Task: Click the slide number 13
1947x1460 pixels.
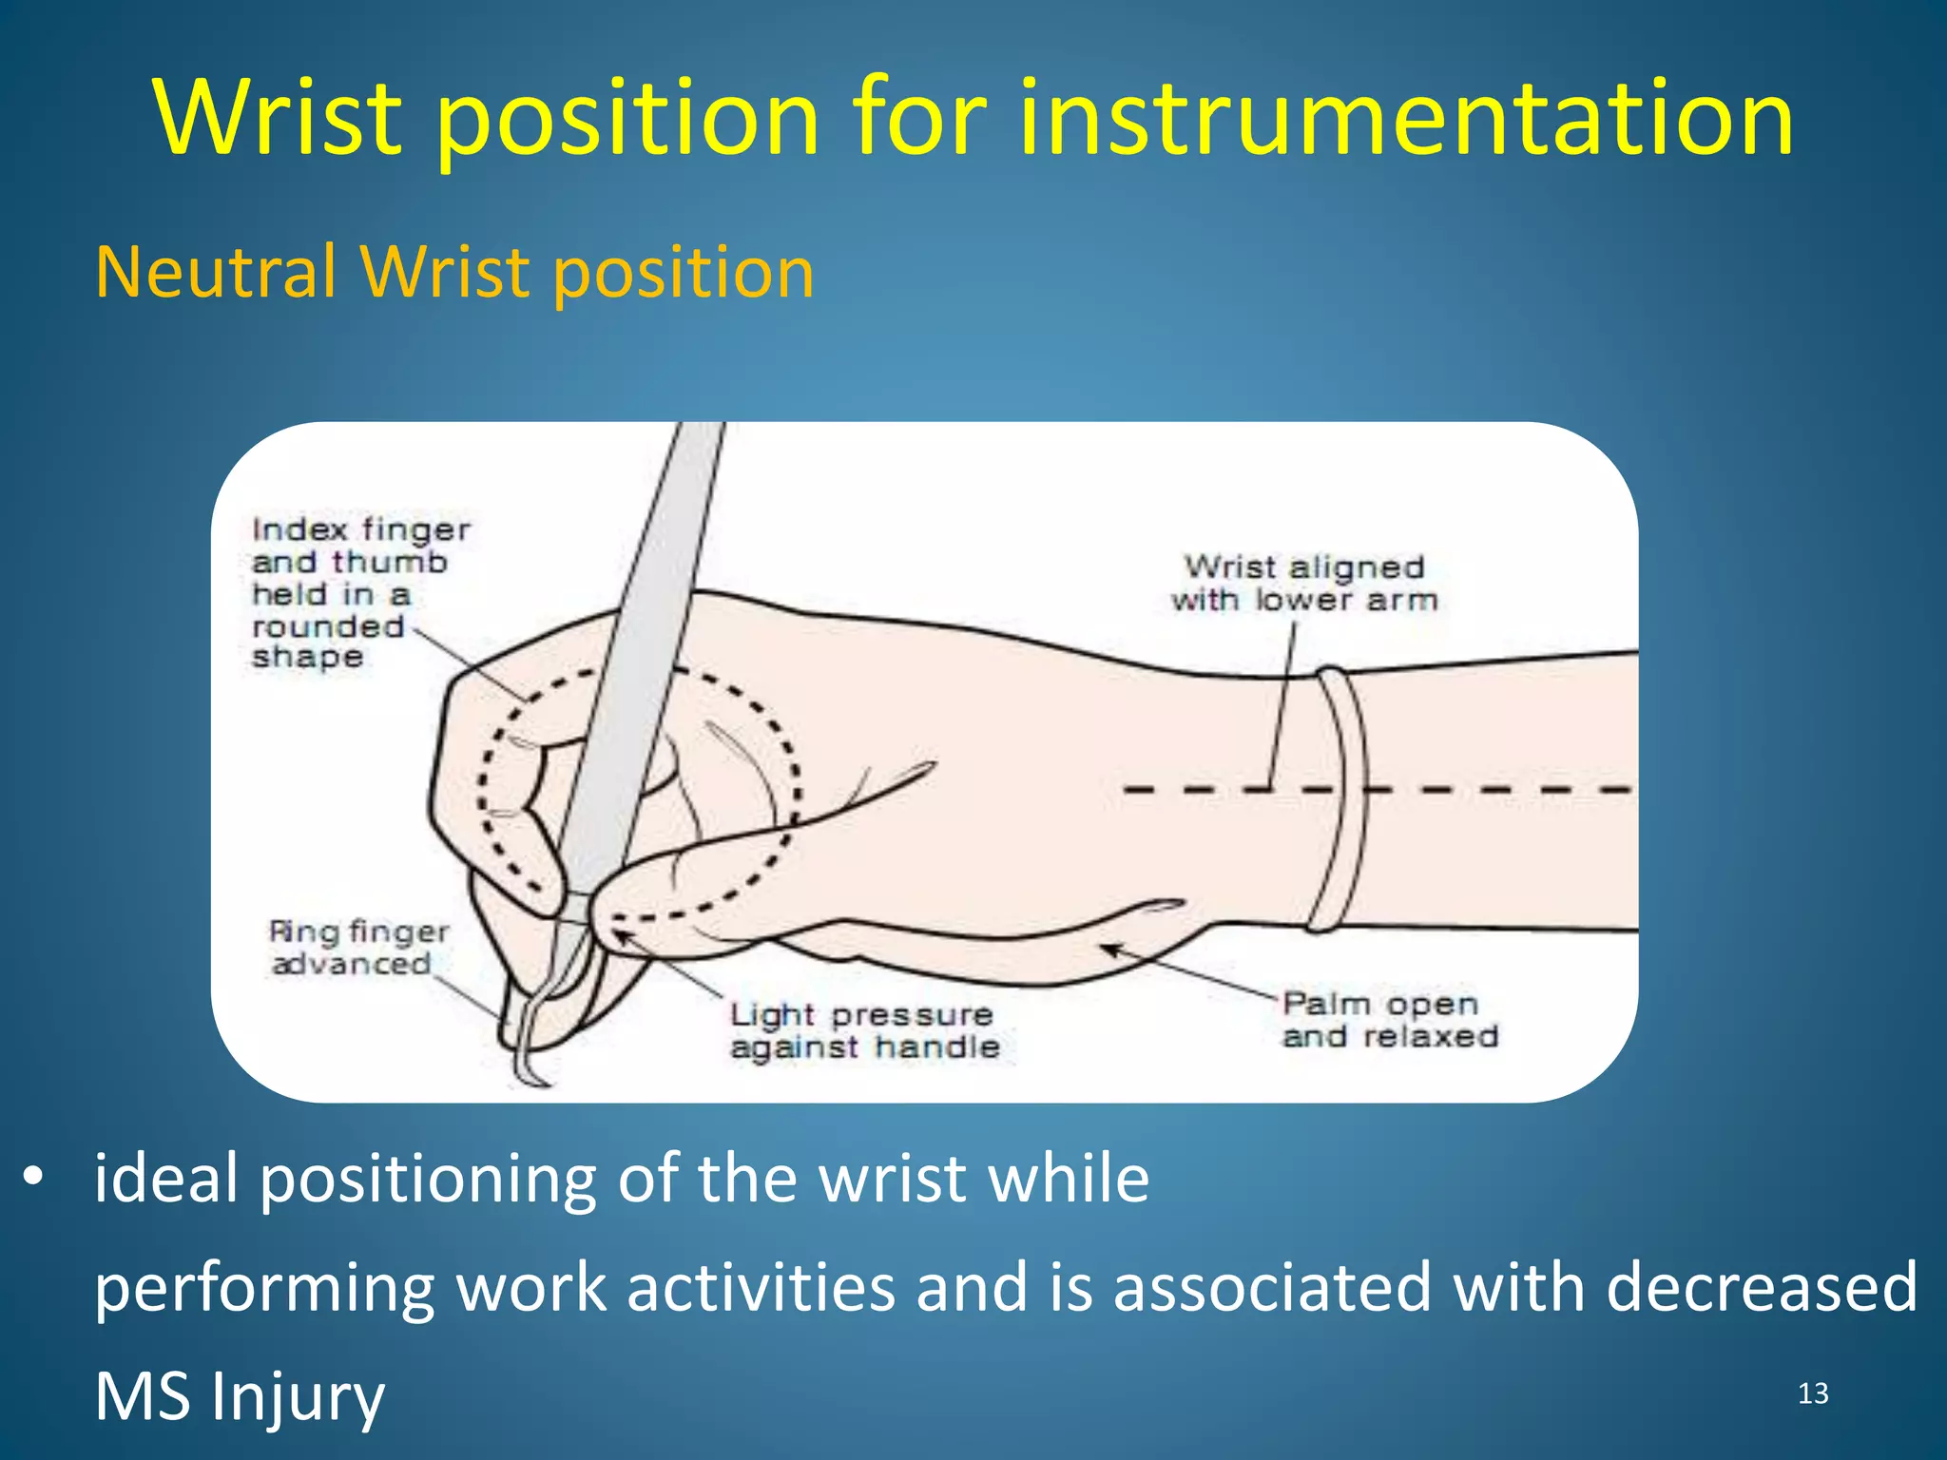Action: tap(1813, 1393)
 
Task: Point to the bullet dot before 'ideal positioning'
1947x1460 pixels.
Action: tap(34, 1178)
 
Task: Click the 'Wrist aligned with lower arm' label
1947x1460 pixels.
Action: tap(1304, 583)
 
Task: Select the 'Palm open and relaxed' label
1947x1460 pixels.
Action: tap(1390, 1019)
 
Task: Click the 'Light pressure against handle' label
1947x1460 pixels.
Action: tap(864, 1030)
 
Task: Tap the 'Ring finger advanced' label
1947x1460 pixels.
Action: tap(357, 948)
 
